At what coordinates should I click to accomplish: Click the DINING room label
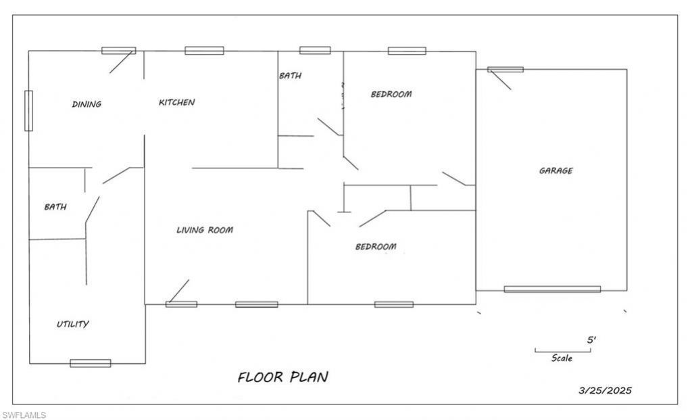point(87,104)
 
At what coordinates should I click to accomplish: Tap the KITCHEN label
point(177,102)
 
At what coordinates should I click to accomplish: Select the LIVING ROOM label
point(205,230)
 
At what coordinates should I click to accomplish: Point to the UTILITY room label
point(73,324)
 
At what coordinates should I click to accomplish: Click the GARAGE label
point(556,170)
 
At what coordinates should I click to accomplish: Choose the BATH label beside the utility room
point(55,207)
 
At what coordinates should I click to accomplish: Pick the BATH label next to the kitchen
point(291,76)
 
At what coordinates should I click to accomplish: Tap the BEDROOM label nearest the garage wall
point(391,94)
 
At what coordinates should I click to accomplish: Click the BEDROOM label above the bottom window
point(376,246)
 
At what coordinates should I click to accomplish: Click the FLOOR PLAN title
point(283,377)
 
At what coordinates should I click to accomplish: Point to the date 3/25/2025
point(605,390)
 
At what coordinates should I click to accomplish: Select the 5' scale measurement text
point(591,340)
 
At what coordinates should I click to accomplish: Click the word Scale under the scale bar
point(562,358)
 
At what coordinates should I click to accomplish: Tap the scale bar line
point(563,352)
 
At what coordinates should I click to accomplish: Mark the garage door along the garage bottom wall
point(553,289)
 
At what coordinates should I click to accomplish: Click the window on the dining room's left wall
point(28,110)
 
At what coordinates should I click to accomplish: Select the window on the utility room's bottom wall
point(91,363)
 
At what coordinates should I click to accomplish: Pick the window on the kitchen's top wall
point(204,51)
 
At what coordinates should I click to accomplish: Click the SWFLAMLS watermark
point(24,415)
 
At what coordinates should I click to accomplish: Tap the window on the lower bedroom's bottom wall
point(394,304)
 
